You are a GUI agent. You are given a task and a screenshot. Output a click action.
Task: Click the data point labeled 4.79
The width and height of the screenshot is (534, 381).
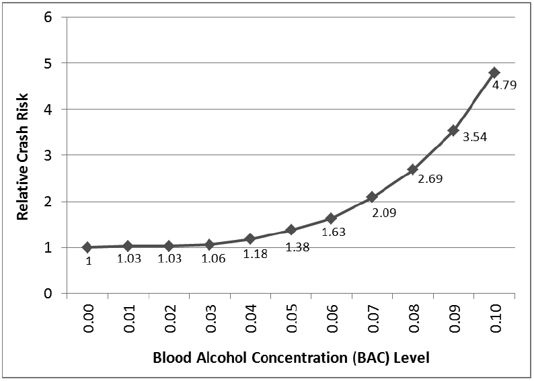pos(494,72)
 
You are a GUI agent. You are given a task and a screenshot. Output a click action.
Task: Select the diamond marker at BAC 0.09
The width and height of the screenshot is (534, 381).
pos(453,130)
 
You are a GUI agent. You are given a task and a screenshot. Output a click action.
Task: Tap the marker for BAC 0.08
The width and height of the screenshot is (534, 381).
pos(412,169)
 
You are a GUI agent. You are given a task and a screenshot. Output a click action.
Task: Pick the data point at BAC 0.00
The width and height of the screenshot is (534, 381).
pos(87,247)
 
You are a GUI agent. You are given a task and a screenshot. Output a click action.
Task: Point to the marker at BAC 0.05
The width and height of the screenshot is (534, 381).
pos(291,230)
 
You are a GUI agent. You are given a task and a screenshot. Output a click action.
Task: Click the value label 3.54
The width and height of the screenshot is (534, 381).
pos(474,137)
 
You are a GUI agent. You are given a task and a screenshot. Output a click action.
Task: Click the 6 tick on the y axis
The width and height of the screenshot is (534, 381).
pos(47,17)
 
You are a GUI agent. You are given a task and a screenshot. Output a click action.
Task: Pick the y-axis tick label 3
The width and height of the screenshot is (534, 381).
pos(47,155)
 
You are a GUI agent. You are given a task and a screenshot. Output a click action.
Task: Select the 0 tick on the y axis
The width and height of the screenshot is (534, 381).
pos(47,294)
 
